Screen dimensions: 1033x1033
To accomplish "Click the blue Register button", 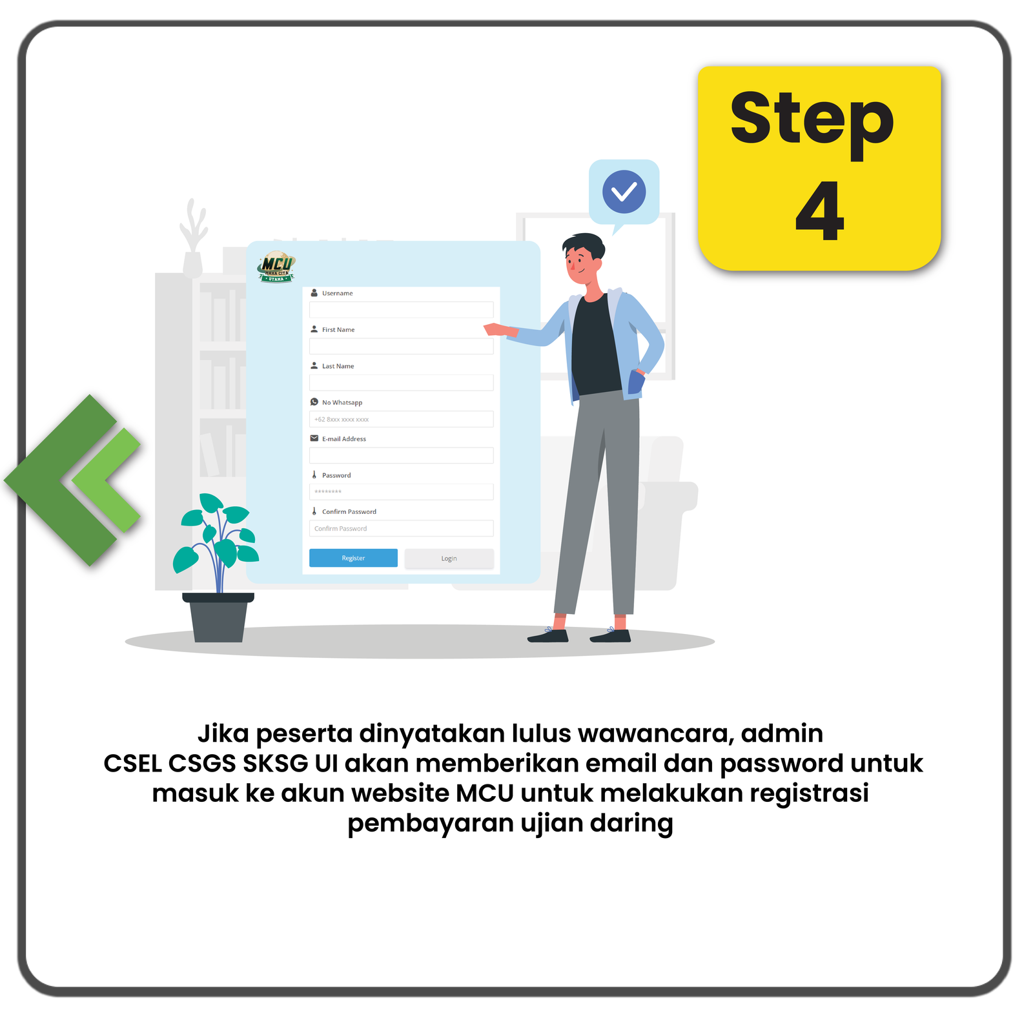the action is (x=353, y=558).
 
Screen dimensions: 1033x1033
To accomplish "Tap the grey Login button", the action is (x=449, y=558).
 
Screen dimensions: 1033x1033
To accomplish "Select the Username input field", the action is (x=401, y=310).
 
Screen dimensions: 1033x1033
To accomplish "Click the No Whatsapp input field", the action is (x=401, y=419).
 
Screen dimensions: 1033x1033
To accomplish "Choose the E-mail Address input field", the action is (x=401, y=455).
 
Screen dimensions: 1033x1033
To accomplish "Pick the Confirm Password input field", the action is (x=401, y=528).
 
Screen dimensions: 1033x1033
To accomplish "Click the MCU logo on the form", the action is (x=277, y=267).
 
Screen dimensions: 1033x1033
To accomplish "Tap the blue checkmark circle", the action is (x=624, y=192).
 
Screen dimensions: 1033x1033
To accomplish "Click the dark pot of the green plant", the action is (x=218, y=617).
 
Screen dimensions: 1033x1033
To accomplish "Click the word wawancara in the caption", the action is (x=655, y=733).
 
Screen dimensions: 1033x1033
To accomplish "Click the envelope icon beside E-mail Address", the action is (x=314, y=438).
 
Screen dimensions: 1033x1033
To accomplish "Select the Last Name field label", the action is (x=338, y=366).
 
